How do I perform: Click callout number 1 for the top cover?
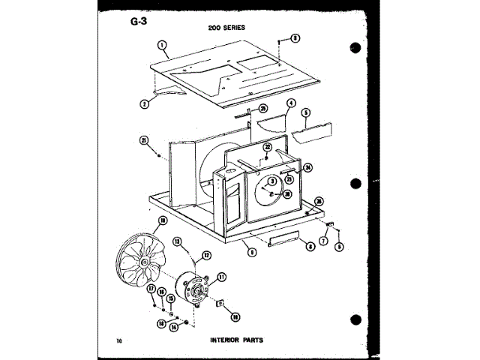163,45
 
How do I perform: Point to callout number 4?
291,103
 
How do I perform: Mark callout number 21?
143,139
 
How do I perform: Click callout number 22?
267,149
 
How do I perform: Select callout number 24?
308,167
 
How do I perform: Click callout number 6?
339,245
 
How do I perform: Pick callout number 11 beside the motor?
221,277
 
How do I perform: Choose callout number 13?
178,241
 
